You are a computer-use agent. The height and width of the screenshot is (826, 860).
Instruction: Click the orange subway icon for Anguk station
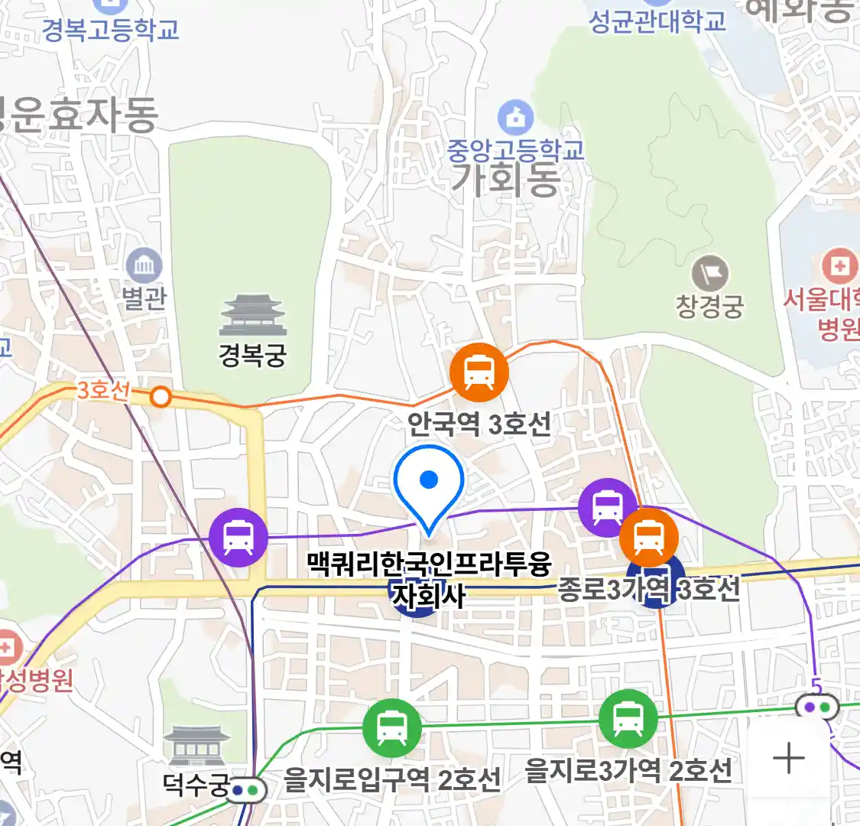tap(479, 372)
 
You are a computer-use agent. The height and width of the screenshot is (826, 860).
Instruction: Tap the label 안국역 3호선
tap(479, 423)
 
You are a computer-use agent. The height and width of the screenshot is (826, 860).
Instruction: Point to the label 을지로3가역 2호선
tap(628, 771)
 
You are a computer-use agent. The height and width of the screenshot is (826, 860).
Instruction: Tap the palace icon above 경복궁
tap(252, 316)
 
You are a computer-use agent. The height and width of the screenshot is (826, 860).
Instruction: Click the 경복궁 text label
tap(252, 356)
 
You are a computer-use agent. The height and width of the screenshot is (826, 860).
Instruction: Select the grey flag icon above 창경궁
tap(710, 273)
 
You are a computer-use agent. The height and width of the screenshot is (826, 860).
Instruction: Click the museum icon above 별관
tap(144, 266)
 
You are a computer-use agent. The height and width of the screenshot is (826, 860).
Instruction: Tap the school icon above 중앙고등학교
tap(516, 118)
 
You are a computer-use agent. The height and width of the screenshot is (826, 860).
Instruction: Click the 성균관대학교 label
tap(657, 21)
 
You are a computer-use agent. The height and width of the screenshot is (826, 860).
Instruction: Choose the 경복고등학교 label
tap(111, 29)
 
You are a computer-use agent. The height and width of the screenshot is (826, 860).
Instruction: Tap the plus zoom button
tap(788, 759)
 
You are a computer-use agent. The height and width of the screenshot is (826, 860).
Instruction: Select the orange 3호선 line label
tap(103, 390)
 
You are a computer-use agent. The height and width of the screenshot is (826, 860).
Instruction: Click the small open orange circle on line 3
tap(161, 396)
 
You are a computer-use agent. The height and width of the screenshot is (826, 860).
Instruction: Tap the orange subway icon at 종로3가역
tap(648, 536)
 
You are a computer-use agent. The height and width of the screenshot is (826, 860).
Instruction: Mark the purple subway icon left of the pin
tap(239, 537)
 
